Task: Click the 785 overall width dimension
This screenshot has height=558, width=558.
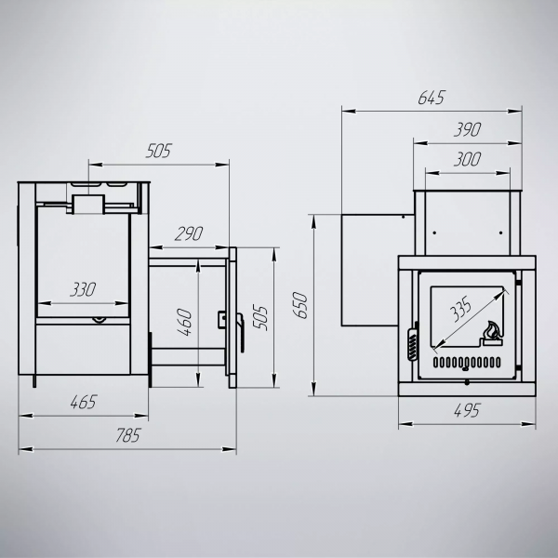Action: click(128, 435)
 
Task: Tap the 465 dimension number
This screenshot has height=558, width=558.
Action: click(84, 402)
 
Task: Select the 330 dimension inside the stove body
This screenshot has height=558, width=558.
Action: click(83, 289)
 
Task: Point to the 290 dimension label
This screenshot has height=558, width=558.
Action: click(189, 233)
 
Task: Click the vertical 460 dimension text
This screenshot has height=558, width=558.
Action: click(184, 322)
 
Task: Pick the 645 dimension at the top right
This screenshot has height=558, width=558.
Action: click(432, 98)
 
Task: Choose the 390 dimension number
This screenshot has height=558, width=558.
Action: click(467, 129)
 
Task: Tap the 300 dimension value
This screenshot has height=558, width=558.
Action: click(467, 159)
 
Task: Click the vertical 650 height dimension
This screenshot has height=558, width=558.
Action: click(299, 305)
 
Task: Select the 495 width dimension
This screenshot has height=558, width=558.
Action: click(467, 411)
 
